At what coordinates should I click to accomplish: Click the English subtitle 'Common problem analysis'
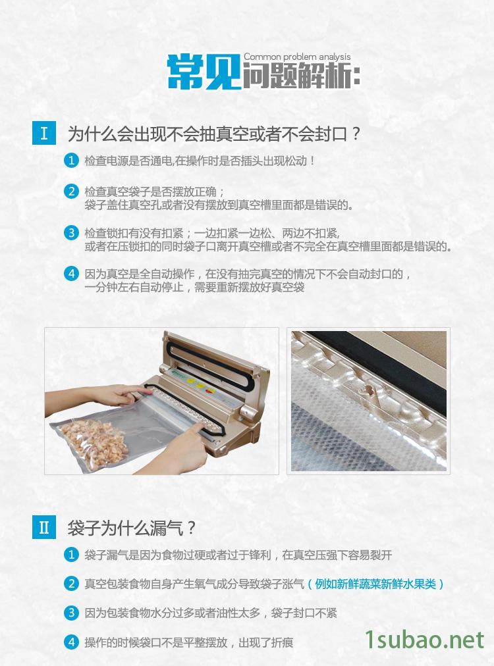(x=297, y=57)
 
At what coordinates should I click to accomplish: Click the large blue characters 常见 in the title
(x=204, y=72)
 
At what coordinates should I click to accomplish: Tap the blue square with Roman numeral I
(x=43, y=133)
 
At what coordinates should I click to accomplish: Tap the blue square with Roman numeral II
(x=43, y=527)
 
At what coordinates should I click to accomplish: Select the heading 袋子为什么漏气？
(x=131, y=528)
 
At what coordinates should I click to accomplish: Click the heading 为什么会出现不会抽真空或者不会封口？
(x=214, y=134)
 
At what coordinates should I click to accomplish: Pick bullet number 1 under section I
(x=71, y=161)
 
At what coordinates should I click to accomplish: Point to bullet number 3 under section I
(x=71, y=233)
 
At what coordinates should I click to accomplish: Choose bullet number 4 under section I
(x=71, y=274)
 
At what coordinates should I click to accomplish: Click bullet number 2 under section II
(x=71, y=584)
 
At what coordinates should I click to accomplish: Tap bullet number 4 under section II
(x=71, y=642)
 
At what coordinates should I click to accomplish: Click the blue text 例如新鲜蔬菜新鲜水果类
(x=376, y=584)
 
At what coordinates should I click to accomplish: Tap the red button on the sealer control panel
(x=209, y=390)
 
